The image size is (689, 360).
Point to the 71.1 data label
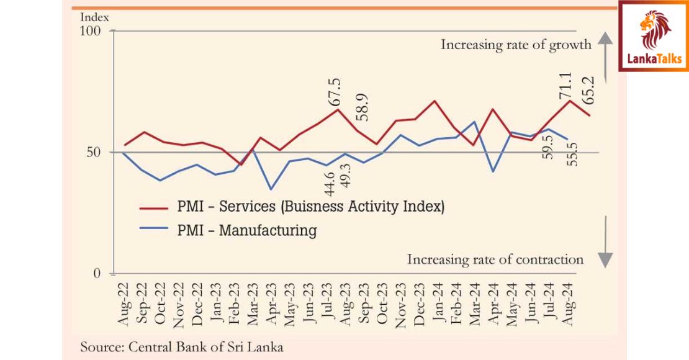coord(565,84)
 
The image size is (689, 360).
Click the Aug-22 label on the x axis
coord(124,304)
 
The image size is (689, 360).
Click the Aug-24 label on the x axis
coord(567,304)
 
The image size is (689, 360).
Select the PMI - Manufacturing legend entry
coord(246,231)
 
